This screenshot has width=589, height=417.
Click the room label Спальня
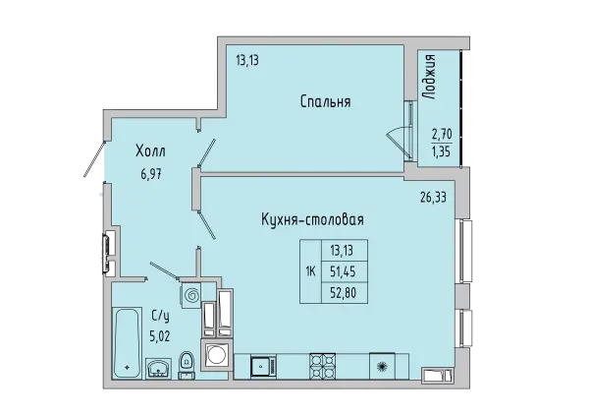coord(325,101)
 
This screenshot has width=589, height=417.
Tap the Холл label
coord(150,152)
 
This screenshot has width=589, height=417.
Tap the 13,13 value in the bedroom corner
coord(246,60)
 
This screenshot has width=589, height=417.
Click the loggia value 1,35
coord(443,152)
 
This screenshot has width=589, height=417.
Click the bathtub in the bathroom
coord(127,343)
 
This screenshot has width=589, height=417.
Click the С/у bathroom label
coord(160,316)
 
